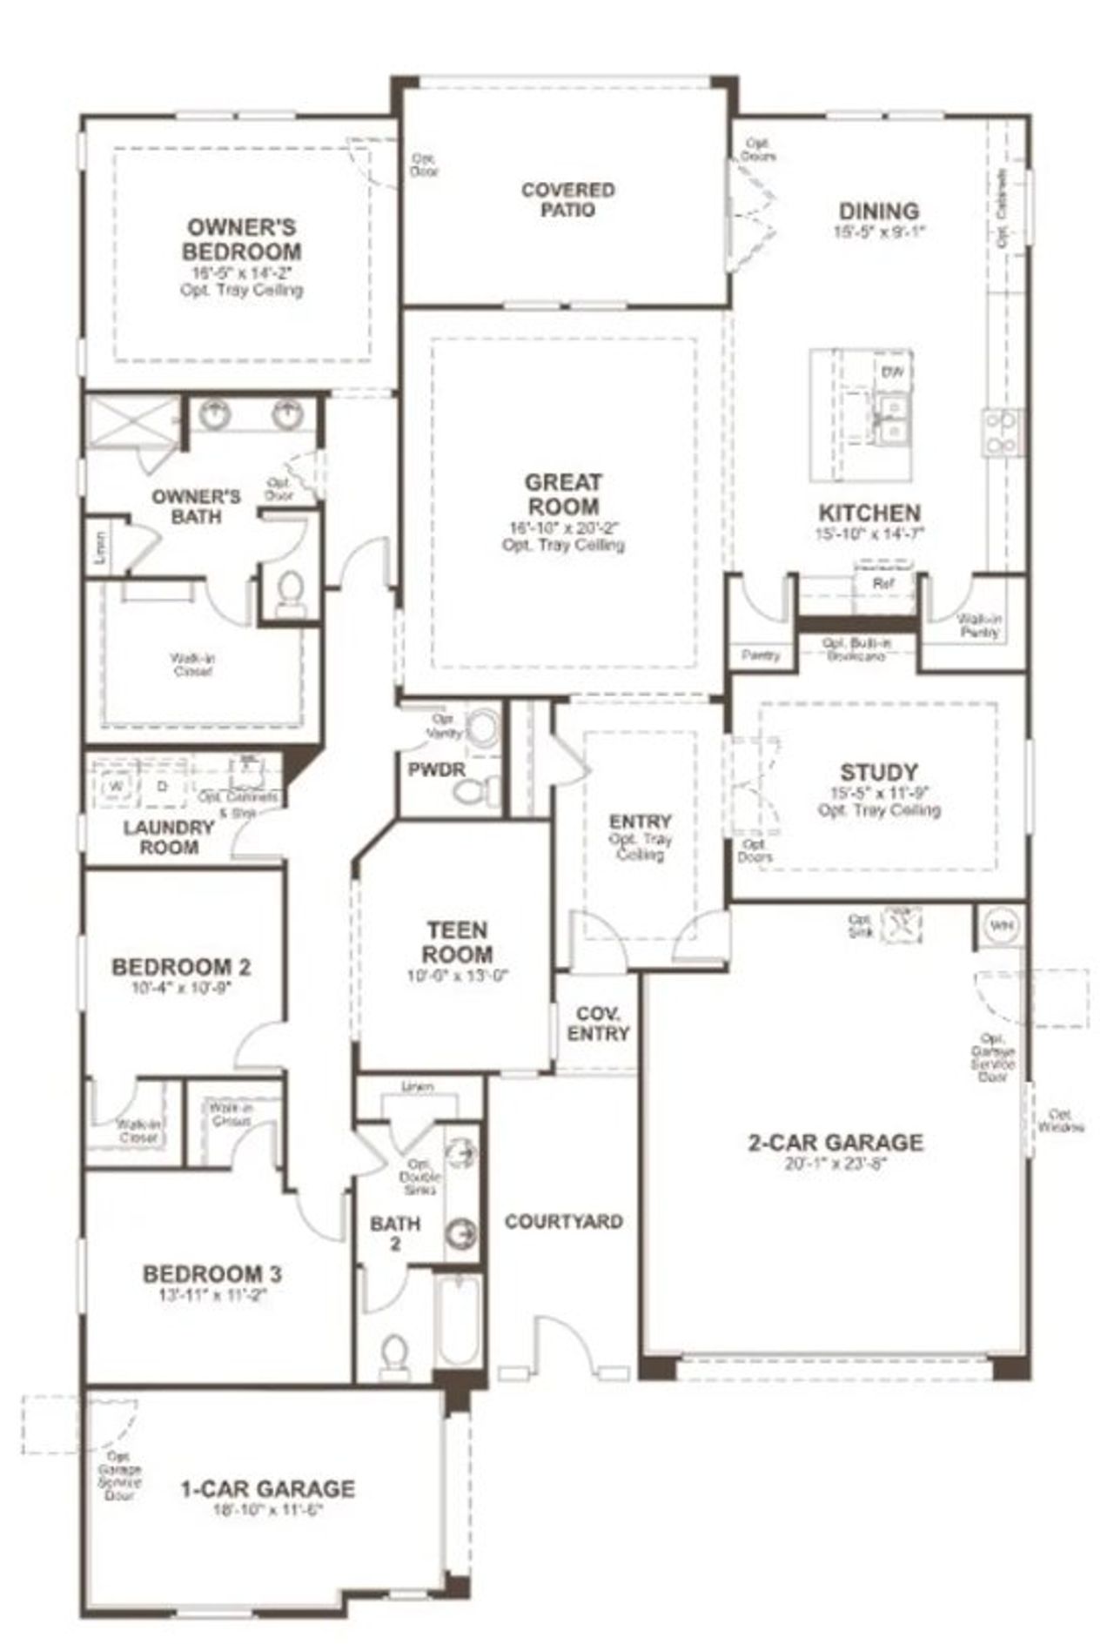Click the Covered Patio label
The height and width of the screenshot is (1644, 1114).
point(567,199)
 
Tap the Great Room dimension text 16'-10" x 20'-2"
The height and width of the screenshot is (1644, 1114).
point(563,527)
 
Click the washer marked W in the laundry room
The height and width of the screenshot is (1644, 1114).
point(115,785)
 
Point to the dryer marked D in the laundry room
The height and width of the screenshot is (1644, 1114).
point(161,785)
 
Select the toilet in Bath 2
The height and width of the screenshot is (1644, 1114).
point(395,1354)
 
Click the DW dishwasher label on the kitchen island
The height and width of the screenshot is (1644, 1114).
point(892,372)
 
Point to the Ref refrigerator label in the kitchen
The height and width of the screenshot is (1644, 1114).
point(882,584)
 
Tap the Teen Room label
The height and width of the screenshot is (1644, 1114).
point(457,942)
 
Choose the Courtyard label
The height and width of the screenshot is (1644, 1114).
point(563,1221)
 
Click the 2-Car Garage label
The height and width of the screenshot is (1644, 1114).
point(835,1142)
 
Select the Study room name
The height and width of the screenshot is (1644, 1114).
point(878,771)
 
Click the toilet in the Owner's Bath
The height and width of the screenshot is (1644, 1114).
point(289,591)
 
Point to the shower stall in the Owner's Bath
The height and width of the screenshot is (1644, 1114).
point(132,423)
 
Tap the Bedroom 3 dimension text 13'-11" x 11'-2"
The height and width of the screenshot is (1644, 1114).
point(211,1294)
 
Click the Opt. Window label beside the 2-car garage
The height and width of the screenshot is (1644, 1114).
point(1060,1120)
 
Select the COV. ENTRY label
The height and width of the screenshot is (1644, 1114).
point(598,1023)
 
